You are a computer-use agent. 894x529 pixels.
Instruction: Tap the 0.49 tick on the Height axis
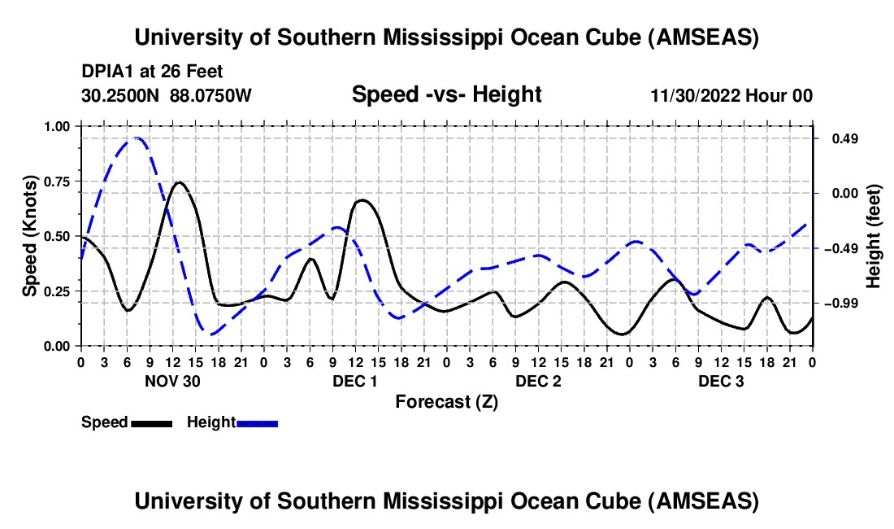coord(840,139)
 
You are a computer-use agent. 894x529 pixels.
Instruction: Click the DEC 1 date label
coord(355,381)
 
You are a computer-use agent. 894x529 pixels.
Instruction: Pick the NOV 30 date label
coord(172,381)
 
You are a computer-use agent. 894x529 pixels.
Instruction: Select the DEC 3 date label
coord(721,381)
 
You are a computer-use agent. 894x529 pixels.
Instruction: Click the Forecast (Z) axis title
coord(446,401)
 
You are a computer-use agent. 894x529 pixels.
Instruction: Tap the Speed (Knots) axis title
coord(30,236)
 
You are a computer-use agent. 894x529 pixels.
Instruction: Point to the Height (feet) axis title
coord(874,236)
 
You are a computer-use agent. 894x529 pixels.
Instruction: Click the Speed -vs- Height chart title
coord(446,94)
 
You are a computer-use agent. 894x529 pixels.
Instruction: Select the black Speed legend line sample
coord(152,422)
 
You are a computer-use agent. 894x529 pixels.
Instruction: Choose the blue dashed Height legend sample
coord(258,422)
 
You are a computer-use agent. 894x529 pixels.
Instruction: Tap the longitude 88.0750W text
coord(211,95)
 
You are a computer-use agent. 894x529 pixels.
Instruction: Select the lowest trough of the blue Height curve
coord(210,334)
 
